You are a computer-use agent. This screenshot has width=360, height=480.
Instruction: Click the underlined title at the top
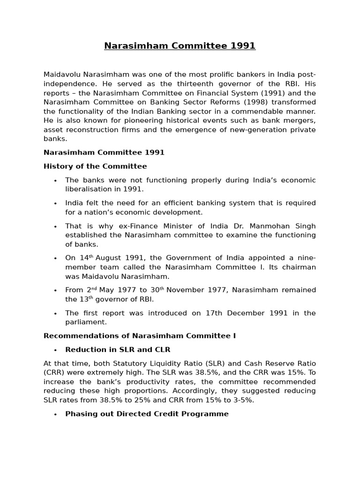(x=180, y=45)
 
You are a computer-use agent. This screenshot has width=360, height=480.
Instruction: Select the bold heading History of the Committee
(x=95, y=166)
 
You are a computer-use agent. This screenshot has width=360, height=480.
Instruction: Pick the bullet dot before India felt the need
(x=55, y=203)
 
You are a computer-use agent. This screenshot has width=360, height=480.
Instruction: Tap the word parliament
(x=86, y=322)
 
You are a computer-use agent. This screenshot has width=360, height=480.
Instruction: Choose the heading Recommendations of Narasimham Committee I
(x=140, y=336)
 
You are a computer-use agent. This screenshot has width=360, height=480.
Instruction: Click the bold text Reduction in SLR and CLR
(x=118, y=349)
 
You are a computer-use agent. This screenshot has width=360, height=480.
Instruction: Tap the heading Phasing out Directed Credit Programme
(x=147, y=414)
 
